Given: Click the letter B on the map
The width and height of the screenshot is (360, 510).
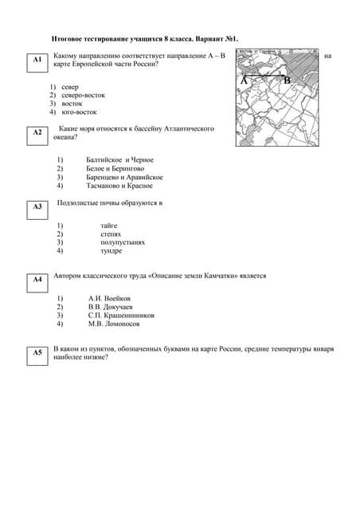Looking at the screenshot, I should point(288,80).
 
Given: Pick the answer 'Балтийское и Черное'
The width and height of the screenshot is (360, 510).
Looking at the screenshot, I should point(119,160).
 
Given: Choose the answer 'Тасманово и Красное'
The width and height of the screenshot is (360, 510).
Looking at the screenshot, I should point(119,186).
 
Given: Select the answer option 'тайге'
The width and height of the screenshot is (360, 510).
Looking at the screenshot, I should point(109,226).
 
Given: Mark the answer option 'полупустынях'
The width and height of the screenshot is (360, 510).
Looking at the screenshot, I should point(123,242).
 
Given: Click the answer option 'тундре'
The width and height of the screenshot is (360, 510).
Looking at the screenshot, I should point(112,251).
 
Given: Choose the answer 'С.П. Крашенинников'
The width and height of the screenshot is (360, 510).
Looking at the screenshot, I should point(121,315).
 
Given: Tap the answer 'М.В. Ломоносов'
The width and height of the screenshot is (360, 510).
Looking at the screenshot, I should point(114,324).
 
